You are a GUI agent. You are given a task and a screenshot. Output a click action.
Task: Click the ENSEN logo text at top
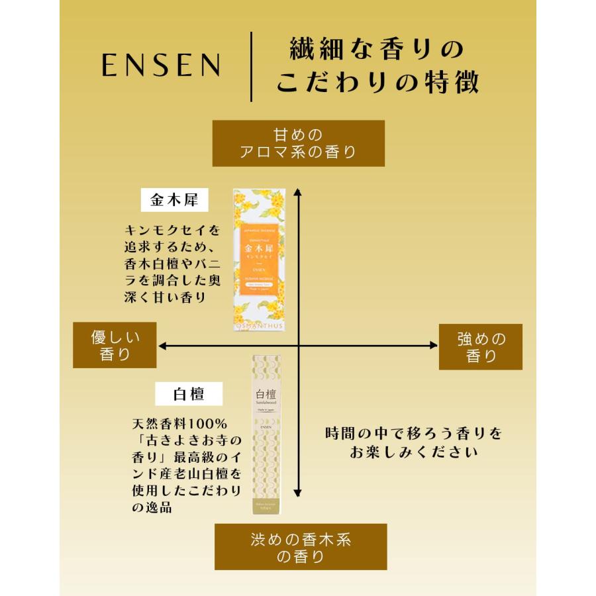point(161,66)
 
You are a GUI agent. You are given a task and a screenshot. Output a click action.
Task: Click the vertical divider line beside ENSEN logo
point(252,66)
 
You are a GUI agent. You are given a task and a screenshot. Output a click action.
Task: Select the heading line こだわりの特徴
point(377,84)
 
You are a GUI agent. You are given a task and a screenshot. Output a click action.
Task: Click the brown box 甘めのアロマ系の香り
point(298,143)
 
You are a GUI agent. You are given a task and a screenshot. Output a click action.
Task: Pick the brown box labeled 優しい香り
point(115,345)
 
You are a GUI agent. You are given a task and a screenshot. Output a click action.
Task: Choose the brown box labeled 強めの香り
point(481,347)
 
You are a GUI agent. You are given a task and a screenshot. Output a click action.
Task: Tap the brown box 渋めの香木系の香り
point(300,547)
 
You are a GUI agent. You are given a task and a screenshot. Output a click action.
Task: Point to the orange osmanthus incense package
point(260,260)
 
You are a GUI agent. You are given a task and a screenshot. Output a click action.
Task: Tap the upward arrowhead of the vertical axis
point(298,193)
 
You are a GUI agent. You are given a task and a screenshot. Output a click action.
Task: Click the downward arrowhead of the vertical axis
point(298,493)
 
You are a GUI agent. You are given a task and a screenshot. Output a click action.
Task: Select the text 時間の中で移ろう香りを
point(413,434)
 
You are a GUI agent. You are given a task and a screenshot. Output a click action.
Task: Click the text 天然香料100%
point(179,422)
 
